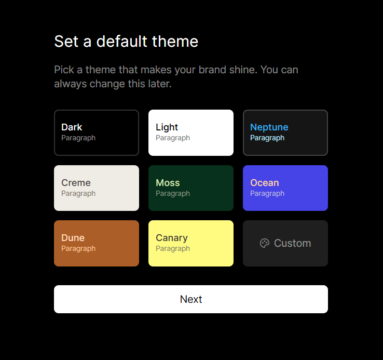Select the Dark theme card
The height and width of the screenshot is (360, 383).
click(x=97, y=132)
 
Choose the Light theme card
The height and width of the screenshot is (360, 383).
click(x=191, y=132)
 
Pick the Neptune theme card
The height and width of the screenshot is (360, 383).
click(x=285, y=132)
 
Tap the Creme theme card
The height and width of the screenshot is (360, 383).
click(x=97, y=188)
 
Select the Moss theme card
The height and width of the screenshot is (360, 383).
click(x=191, y=188)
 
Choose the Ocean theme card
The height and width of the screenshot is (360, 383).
click(x=285, y=188)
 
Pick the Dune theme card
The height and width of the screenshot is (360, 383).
click(x=97, y=243)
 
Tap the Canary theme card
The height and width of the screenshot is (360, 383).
click(x=191, y=243)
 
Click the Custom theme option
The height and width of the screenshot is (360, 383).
click(x=285, y=243)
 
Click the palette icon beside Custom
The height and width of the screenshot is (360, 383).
click(x=265, y=243)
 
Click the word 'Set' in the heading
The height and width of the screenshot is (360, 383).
click(x=66, y=42)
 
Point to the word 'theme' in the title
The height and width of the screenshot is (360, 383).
click(x=175, y=41)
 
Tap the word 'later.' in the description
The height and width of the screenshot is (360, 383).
click(x=160, y=84)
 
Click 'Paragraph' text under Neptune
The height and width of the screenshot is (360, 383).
click(x=267, y=138)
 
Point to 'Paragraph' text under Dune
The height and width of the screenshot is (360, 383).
click(x=78, y=249)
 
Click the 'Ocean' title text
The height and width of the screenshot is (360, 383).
click(x=265, y=183)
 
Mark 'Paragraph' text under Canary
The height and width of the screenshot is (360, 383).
click(x=173, y=249)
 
